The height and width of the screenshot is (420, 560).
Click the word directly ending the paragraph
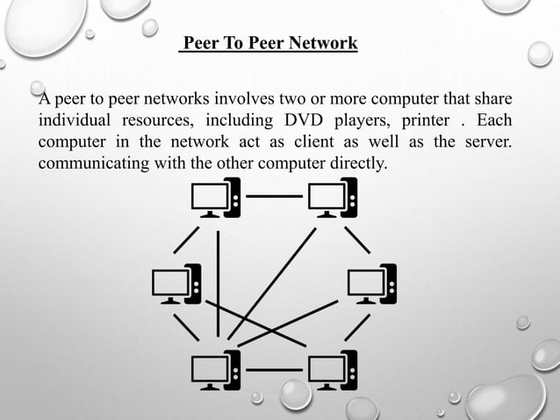coord(355,163)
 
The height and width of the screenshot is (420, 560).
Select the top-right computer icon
coord(331,198)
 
